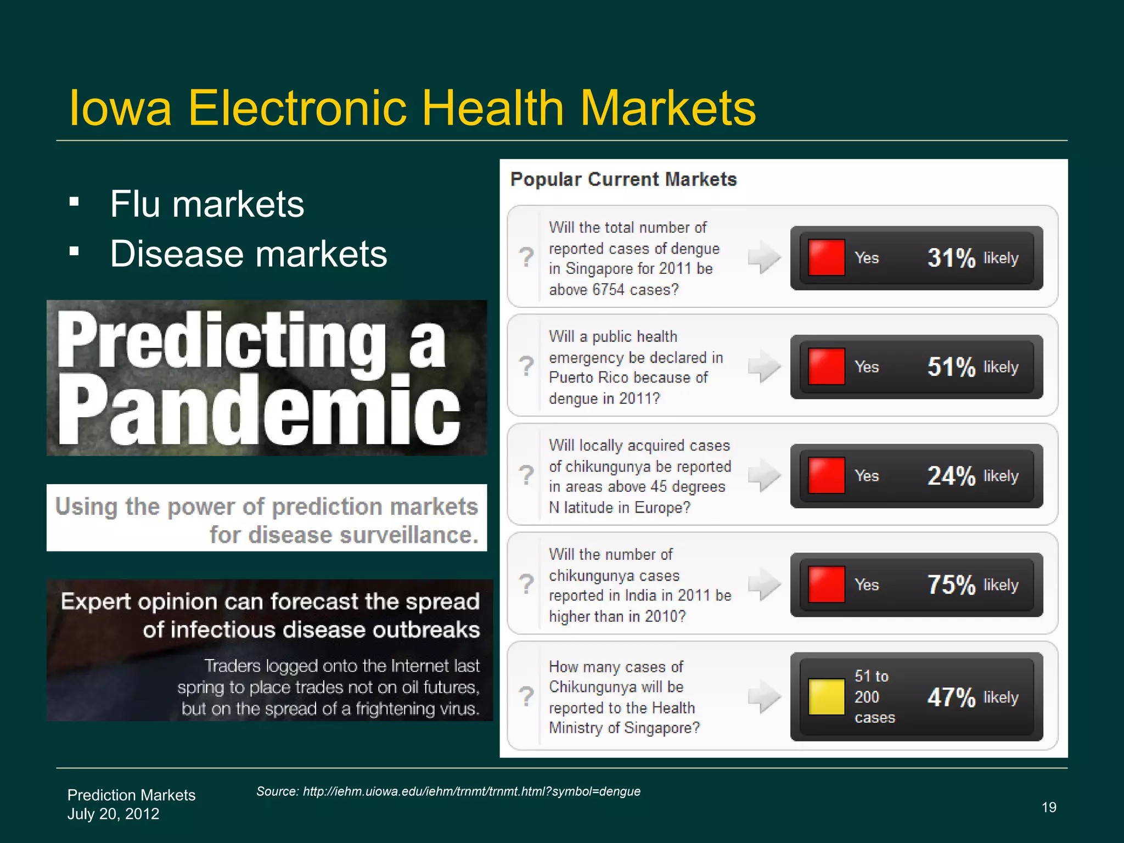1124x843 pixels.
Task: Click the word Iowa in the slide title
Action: (120, 108)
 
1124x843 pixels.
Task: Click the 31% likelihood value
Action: (951, 258)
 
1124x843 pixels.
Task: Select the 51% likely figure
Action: (951, 367)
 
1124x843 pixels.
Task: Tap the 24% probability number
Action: (951, 476)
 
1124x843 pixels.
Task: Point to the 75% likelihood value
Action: (951, 585)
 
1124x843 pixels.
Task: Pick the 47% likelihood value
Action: (951, 698)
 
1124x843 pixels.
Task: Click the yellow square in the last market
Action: (826, 697)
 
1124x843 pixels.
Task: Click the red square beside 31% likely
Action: (826, 257)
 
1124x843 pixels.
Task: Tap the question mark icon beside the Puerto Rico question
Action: (526, 366)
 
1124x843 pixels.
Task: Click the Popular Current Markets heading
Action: (623, 179)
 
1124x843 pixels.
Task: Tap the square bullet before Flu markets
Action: (75, 202)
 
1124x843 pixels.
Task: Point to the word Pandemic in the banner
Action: (258, 411)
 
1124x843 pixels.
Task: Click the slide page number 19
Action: (1049, 807)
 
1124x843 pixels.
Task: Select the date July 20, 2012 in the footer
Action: (114, 814)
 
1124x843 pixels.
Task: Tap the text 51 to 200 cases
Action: (874, 697)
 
